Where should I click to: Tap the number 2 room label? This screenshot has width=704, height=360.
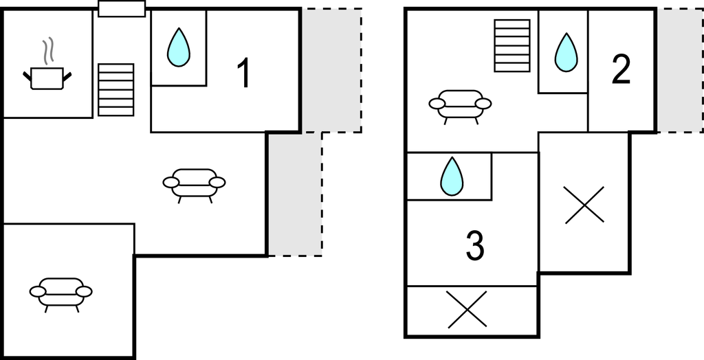tap(621, 69)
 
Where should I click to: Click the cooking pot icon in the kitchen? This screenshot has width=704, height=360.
tap(47, 78)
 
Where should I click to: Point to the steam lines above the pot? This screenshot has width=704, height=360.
tap(48, 51)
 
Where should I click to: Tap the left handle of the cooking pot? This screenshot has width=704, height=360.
tap(27, 76)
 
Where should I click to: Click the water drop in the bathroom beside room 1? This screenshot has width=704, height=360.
tap(179, 47)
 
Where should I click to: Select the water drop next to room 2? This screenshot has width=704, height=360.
tap(566, 52)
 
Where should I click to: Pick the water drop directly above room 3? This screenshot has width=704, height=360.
tap(452, 176)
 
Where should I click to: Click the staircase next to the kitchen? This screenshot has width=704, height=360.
tap(115, 90)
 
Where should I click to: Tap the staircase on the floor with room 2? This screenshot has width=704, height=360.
tap(512, 45)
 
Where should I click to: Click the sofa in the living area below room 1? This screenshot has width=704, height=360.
tap(194, 185)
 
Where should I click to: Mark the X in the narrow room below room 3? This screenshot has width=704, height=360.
tap(467, 309)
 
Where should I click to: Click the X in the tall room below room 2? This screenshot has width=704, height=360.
tap(584, 205)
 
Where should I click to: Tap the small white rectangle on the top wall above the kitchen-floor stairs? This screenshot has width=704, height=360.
tap(122, 8)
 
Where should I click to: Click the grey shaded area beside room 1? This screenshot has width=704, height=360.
tap(332, 71)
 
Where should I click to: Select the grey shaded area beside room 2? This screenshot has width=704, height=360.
tap(680, 71)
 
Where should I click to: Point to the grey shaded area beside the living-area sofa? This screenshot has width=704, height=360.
tap(295, 194)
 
